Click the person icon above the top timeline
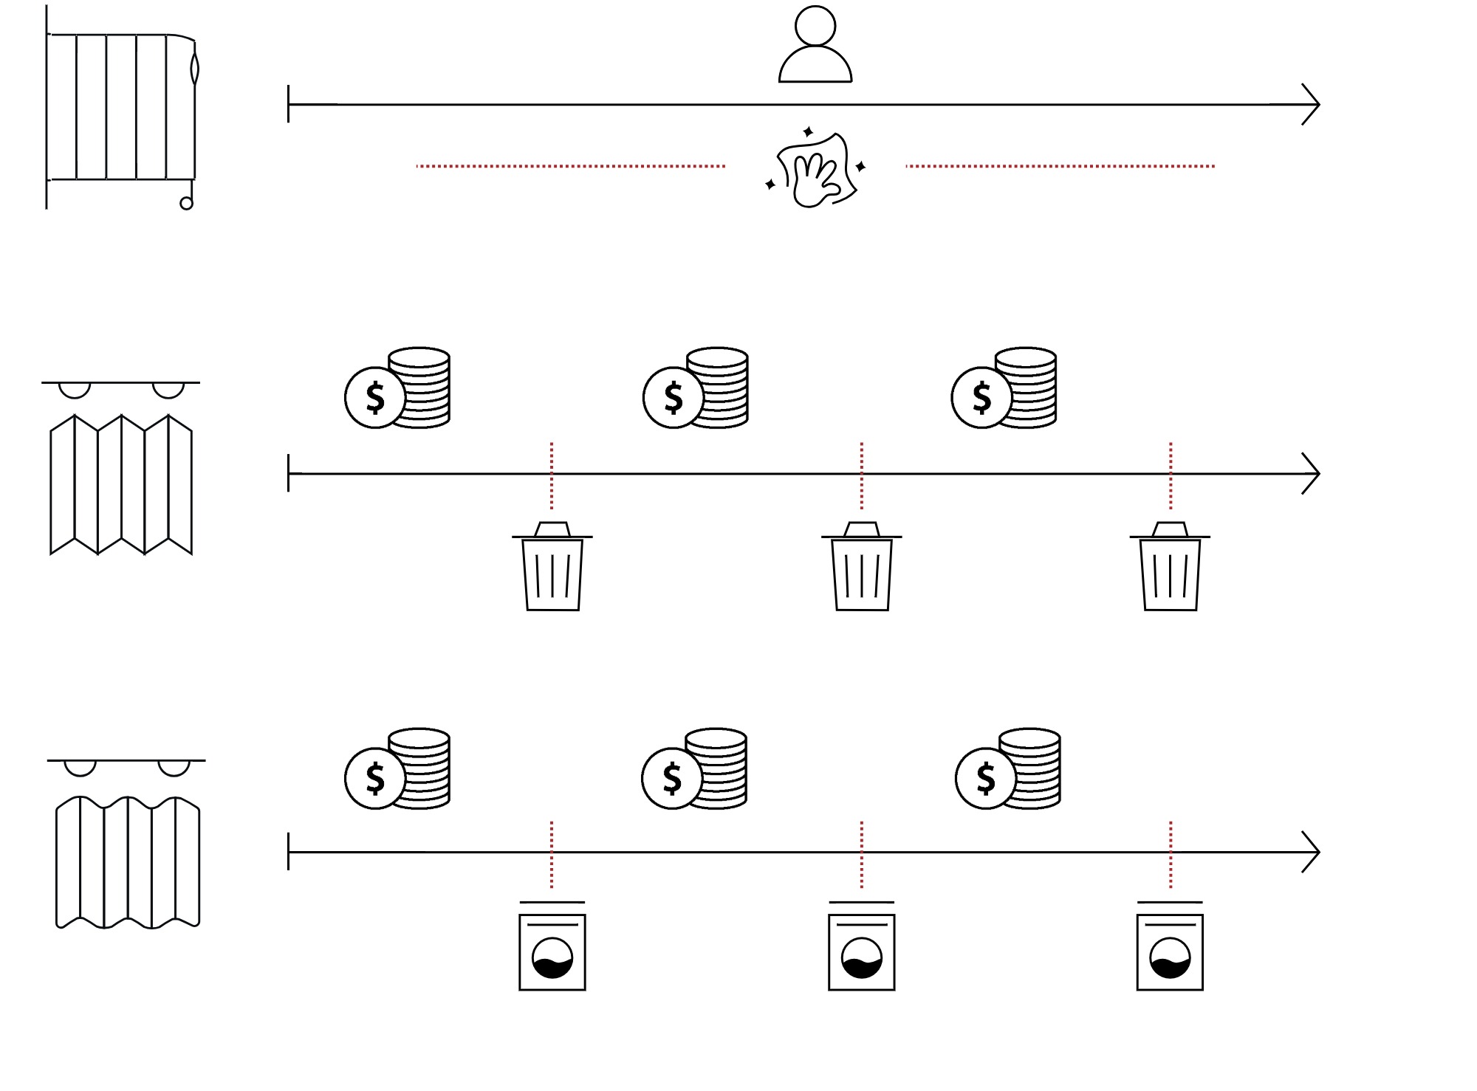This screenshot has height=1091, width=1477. [x=815, y=44]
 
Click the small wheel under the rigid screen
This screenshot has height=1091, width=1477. [x=187, y=203]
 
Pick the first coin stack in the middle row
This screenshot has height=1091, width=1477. [x=397, y=388]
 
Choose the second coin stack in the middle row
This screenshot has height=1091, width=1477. [x=696, y=388]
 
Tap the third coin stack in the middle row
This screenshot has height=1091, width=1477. [x=1004, y=388]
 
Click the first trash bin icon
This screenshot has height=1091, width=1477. [x=552, y=566]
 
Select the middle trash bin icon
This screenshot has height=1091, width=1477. [x=862, y=566]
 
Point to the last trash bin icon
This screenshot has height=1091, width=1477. [x=1171, y=566]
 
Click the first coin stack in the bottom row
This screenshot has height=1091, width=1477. [x=397, y=768]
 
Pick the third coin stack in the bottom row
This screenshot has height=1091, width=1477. [x=1008, y=768]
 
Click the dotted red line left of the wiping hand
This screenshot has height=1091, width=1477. [x=571, y=166]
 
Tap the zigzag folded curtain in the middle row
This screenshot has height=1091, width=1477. [x=121, y=483]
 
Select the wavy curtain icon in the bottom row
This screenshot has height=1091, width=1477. [x=128, y=862]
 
